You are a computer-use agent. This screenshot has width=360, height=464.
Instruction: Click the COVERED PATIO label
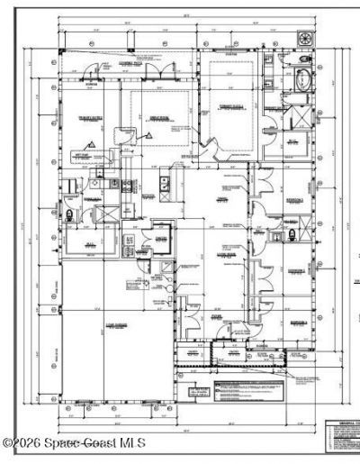click(143, 64)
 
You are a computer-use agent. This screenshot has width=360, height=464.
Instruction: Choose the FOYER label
click(217, 316)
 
